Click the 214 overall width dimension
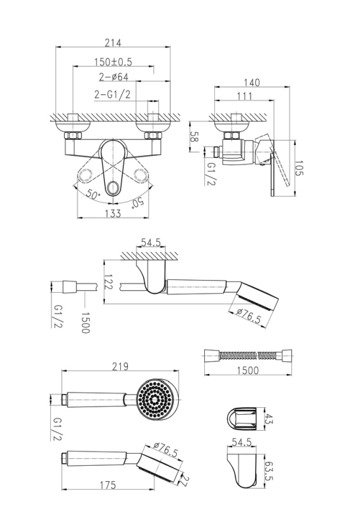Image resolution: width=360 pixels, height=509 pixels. coord(113,43)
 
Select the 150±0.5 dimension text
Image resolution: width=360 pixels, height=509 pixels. coord(113,62)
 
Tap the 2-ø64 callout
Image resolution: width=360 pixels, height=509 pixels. coord(114,77)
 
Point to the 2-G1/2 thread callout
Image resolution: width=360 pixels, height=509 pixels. coord(113,94)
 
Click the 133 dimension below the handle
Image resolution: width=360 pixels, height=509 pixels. coord(113,213)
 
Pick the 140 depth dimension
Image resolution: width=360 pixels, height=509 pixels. coord(252,83)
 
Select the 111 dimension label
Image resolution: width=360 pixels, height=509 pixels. coord(244,96)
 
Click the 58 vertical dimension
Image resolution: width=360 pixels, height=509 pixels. coord(194,137)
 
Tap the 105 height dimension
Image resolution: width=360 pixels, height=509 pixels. coord(299,168)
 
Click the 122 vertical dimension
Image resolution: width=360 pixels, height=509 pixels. coord(108,281)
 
